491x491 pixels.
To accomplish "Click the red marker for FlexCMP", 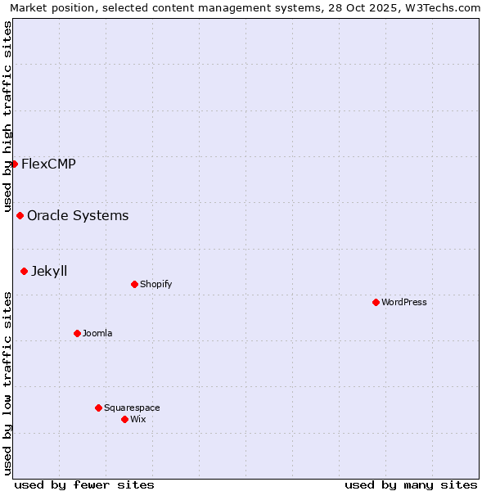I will tap(14, 164).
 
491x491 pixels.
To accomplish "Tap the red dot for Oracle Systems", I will tap(20, 215).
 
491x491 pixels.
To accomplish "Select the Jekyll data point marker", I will tap(24, 271).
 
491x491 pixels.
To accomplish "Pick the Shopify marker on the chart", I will tap(134, 284).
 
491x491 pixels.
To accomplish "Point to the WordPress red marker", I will tap(376, 302).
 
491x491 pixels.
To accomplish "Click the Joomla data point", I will tap(77, 333).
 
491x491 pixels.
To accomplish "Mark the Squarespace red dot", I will tap(98, 408).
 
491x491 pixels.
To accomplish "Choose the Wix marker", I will tap(124, 419).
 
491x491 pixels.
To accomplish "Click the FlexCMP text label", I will tap(48, 164).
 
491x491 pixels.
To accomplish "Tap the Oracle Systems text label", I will tap(78, 215).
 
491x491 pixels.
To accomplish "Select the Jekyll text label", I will tap(49, 271).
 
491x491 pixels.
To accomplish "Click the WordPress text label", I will tap(404, 302).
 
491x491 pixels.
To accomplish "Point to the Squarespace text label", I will tap(132, 408).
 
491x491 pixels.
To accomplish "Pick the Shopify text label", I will tap(155, 284).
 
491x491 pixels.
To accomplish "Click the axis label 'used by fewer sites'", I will tap(84, 484).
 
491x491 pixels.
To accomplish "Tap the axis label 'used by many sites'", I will tap(411, 484).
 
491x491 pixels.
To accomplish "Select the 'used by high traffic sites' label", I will tap(7, 116).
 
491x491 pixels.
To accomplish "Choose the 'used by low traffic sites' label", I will tap(7, 383).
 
